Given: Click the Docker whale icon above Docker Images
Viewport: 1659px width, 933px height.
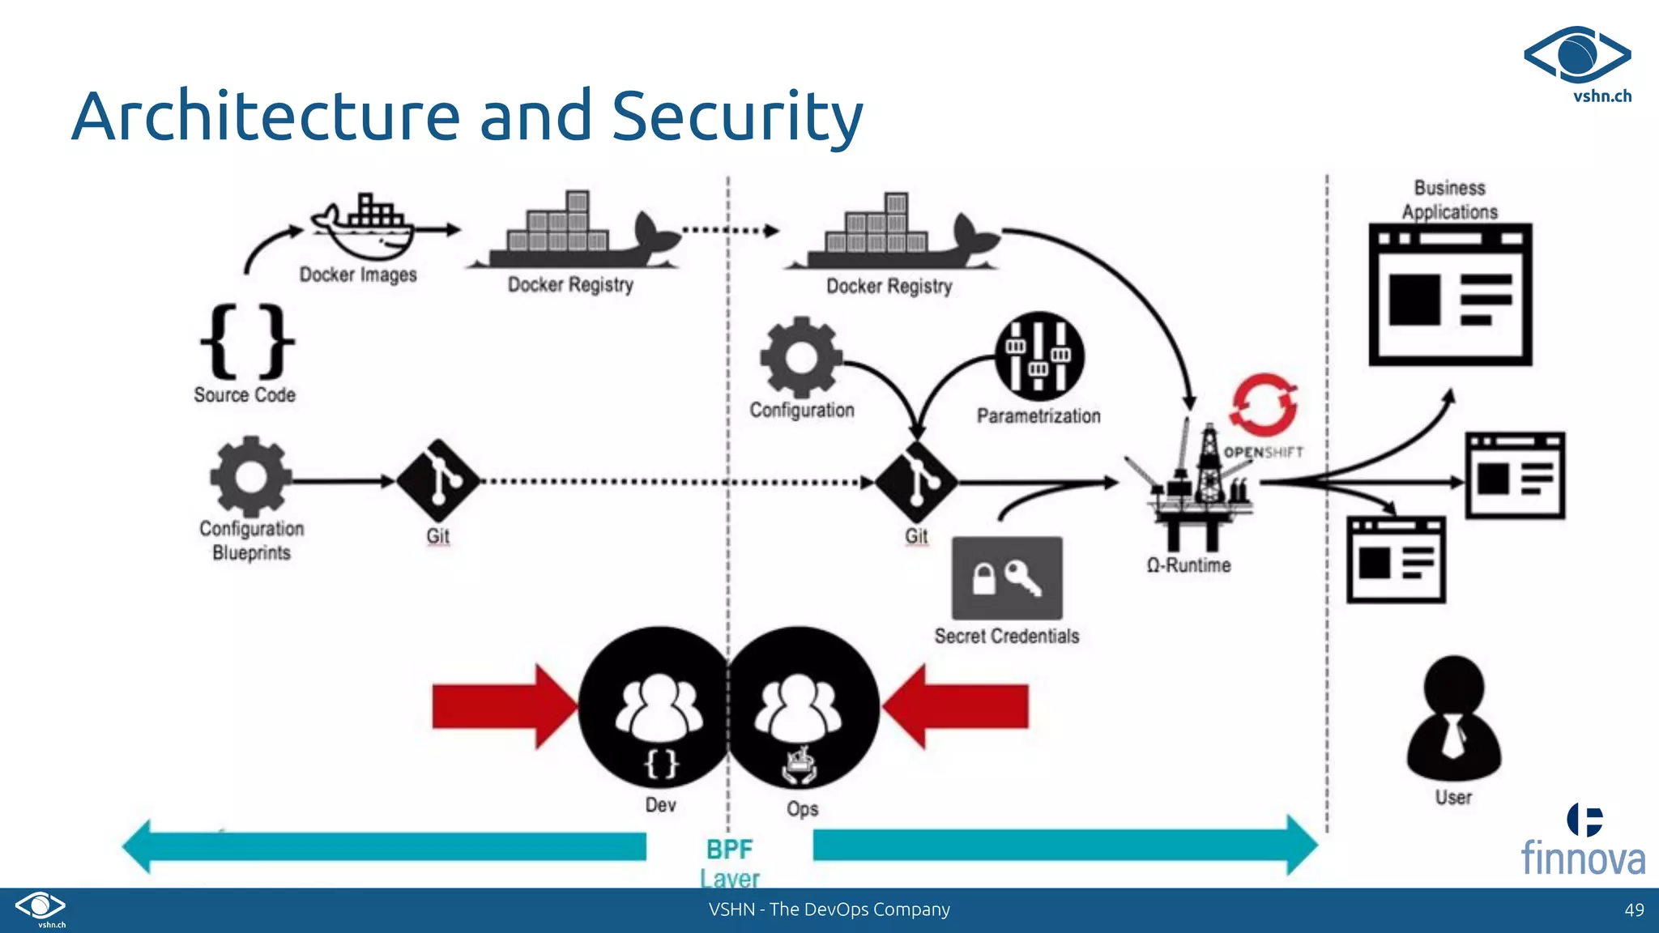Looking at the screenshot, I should click(362, 226).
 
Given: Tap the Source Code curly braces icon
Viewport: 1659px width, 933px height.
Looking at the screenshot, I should click(247, 341).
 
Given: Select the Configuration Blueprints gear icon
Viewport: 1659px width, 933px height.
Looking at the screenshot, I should click(250, 476).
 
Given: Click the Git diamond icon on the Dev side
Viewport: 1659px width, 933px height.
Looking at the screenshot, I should click(438, 480).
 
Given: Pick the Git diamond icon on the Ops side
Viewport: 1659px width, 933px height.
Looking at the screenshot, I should click(916, 482).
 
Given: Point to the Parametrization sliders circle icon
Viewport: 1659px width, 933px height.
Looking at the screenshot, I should click(1039, 356).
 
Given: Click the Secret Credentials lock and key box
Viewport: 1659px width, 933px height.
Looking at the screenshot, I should click(1007, 578).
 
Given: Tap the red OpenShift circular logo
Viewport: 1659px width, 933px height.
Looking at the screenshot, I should click(1263, 404).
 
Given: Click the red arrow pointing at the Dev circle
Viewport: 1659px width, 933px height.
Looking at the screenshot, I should click(502, 706).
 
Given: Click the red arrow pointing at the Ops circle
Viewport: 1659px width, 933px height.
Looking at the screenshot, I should click(956, 706).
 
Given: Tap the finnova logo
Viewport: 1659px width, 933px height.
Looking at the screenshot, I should click(1583, 843).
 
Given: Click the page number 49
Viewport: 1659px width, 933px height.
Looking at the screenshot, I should click(1634, 910).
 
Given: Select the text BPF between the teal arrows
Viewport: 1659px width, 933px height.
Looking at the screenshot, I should click(729, 850).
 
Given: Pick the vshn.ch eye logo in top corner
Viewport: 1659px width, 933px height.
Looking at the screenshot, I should click(1577, 57).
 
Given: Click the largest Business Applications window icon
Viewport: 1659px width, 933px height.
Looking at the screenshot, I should click(1450, 294).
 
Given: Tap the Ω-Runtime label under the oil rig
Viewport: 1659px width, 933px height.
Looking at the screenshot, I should click(1188, 565).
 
